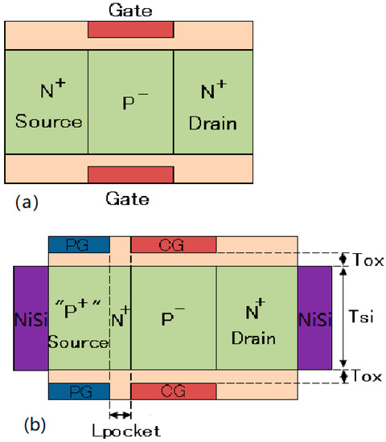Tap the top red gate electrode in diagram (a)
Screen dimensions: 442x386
click(129, 28)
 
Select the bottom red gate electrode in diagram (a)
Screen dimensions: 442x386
click(129, 174)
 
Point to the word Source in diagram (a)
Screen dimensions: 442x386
click(51, 122)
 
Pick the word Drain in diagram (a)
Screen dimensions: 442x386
click(213, 122)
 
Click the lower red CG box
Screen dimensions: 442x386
click(173, 391)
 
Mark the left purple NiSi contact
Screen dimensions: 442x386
click(31, 317)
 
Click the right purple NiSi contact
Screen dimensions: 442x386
click(314, 317)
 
